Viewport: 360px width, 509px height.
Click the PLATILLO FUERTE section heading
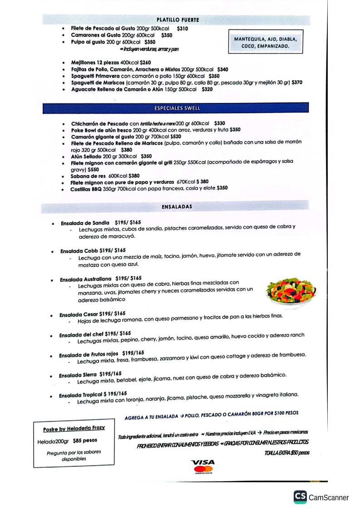point(178,20)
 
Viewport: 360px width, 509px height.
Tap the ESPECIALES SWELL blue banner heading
point(177,108)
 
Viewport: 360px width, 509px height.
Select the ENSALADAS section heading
point(177,207)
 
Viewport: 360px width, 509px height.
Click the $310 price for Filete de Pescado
point(182,29)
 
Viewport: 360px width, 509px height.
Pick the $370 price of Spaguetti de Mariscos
point(297,83)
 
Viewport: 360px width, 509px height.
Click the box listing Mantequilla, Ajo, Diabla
point(266,43)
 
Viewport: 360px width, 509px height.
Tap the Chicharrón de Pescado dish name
point(99,123)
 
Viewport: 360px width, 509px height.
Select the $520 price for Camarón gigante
point(176,136)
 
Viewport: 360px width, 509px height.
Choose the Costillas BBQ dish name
point(86,188)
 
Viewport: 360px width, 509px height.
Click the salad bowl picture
point(291,291)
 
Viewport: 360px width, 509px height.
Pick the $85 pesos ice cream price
point(84,440)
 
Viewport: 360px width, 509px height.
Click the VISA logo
point(202,462)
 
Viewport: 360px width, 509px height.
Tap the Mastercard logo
point(203,470)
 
